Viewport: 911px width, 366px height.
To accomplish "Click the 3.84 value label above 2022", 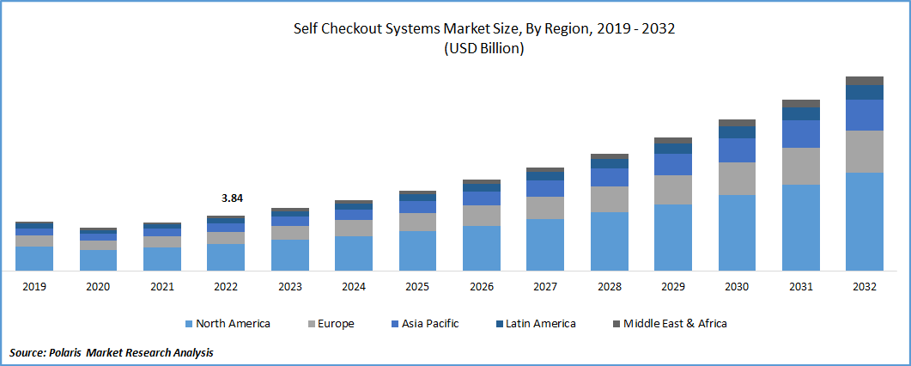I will (231, 198).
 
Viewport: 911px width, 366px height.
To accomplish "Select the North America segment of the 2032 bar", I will (864, 222).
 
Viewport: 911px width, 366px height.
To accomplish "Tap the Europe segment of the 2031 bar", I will (800, 166).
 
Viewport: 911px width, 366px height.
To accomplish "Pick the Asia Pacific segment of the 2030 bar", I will (737, 150).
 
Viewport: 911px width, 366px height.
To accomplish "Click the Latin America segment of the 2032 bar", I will (864, 92).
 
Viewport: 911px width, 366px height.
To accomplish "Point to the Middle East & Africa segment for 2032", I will (864, 81).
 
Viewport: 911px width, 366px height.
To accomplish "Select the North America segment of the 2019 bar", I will (34, 259).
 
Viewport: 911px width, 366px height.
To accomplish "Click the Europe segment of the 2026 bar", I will (481, 216).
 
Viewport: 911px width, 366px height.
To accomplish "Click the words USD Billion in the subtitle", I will (484, 49).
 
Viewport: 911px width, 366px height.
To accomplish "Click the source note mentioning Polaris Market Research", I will (112, 352).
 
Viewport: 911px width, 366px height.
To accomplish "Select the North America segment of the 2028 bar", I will (609, 241).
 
